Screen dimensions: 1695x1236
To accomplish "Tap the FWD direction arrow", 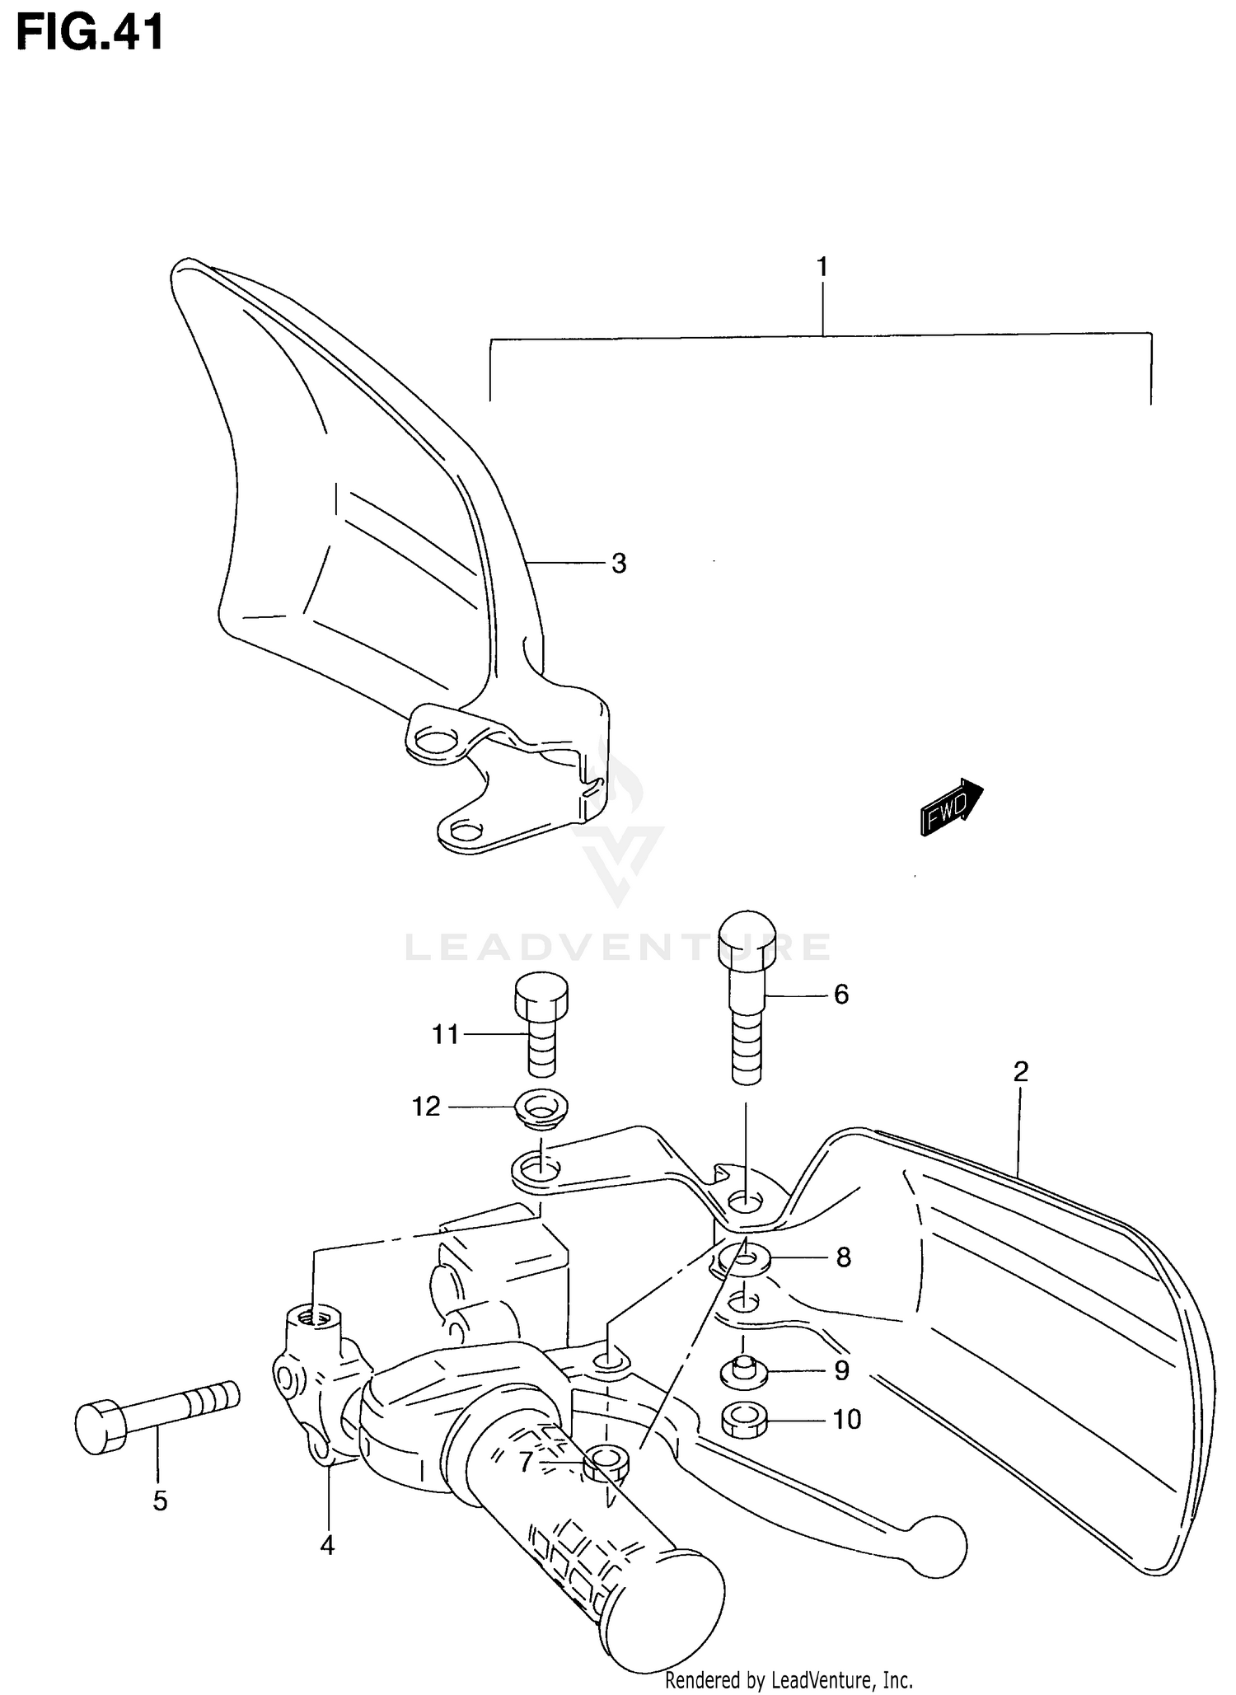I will point(951,808).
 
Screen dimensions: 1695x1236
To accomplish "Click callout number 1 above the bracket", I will point(822,268).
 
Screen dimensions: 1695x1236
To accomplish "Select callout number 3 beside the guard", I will point(619,564).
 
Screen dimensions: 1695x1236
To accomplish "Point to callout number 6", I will point(840,995).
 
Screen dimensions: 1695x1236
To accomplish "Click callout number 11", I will point(446,1034).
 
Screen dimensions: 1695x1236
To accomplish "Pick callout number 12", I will point(427,1107).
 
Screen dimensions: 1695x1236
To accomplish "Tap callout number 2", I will point(1020,1072).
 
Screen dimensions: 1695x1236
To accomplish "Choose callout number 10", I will point(846,1419).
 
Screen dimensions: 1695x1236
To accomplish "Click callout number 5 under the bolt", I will point(160,1501).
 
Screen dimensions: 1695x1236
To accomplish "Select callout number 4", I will point(327,1546).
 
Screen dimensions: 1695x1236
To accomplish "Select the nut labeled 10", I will point(744,1420).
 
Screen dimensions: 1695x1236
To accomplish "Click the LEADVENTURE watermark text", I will point(618,948).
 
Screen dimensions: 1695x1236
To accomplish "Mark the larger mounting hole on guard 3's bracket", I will point(436,741).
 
